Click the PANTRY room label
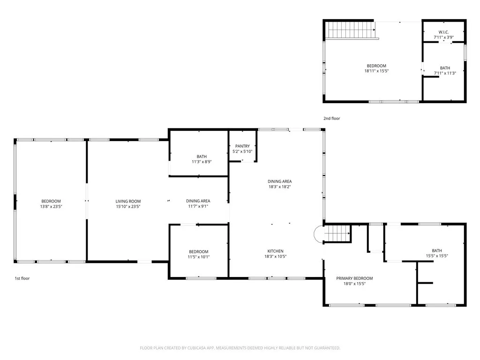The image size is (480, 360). point(242,146)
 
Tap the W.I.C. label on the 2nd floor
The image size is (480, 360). point(444,32)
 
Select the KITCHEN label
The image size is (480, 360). point(276,251)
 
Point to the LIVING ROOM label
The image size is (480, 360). point(128,201)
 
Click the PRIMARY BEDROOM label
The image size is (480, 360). point(354,278)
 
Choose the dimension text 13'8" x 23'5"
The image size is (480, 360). point(51,206)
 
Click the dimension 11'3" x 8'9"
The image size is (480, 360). point(202,162)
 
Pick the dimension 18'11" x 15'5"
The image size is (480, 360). point(376,71)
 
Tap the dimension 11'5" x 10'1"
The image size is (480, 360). point(199,257)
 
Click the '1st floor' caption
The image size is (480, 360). point(22,278)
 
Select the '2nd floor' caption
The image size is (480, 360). point(331,119)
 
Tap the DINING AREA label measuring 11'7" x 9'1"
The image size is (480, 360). point(199,201)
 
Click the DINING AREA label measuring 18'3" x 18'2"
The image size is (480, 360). point(280,181)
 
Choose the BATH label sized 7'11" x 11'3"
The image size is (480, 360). point(445,68)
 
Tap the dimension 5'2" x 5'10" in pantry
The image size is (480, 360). point(242,151)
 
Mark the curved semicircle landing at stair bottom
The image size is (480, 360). point(318,233)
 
